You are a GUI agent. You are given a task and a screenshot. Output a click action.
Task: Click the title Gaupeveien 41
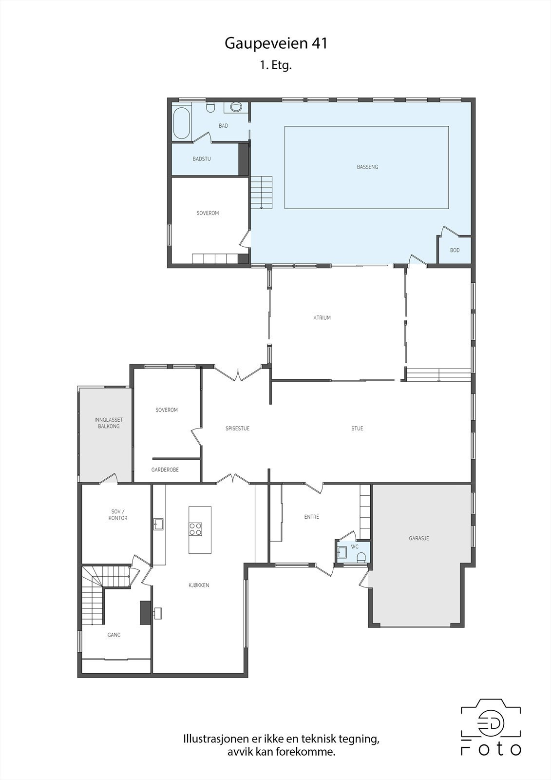pos(276,43)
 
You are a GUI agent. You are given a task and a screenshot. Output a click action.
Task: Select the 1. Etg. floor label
pos(276,66)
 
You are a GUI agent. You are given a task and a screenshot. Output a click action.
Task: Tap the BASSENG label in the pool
pos(367,167)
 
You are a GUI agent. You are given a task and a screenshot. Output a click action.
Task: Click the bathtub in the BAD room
pos(181,123)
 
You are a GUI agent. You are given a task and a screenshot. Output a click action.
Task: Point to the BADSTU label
pos(202,159)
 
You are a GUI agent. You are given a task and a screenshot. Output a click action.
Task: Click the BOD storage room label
pos(455,251)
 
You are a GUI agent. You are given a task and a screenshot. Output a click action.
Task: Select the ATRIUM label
pos(322,318)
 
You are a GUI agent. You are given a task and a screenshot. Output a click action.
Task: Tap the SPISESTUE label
pos(237,429)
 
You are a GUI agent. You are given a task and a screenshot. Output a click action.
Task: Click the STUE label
pos(357,429)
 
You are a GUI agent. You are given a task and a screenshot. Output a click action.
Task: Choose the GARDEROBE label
pos(165,470)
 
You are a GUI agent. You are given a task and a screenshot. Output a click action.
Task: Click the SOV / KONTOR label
pos(117,515)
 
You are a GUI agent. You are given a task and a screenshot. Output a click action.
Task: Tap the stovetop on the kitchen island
pos(196,529)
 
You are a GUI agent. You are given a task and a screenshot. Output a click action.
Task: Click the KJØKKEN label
pos(199,585)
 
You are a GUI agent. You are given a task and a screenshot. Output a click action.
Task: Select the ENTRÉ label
pos(312,517)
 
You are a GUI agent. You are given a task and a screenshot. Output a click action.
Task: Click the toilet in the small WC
pos(361,557)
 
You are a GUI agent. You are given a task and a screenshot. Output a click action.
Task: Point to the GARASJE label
pos(418,539)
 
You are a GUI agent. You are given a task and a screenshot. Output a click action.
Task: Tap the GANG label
pos(114,635)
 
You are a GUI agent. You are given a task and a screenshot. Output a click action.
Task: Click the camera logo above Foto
pos(491,719)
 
